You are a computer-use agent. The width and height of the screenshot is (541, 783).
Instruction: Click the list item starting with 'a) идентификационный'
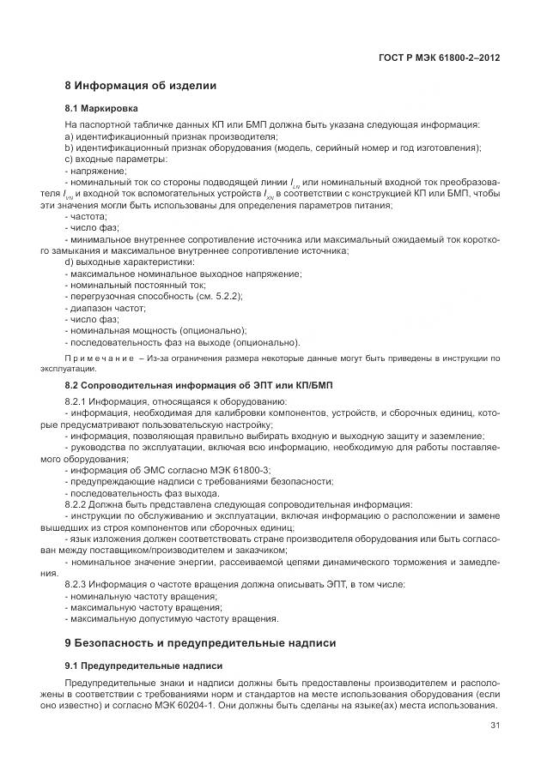tap(171, 136)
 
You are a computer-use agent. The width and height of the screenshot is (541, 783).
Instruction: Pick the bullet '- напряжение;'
tap(95, 171)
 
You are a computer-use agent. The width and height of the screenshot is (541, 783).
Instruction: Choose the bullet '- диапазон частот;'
tap(106, 307)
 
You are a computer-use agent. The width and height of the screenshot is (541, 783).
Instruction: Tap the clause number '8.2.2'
tap(78, 504)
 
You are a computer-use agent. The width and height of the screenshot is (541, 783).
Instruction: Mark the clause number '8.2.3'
tap(78, 584)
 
